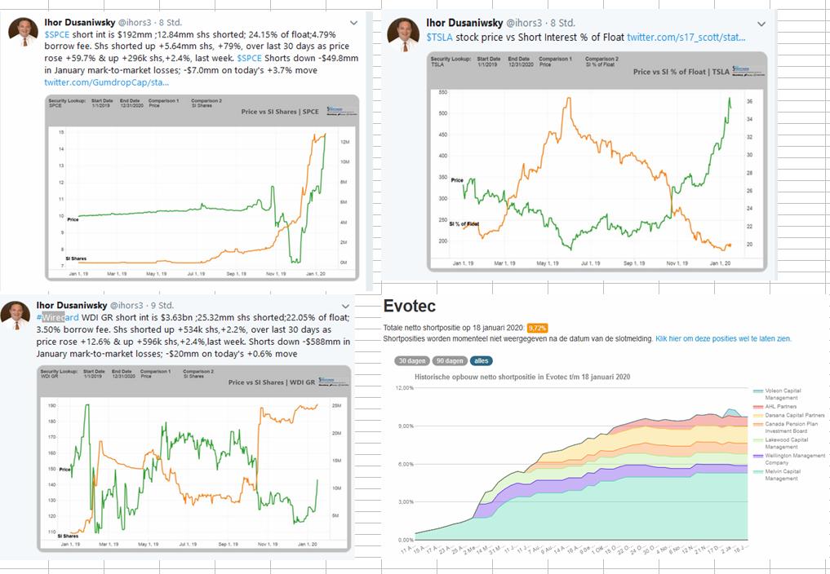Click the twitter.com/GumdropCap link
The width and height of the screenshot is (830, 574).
click(106, 82)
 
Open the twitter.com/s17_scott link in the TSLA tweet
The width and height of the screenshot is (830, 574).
click(686, 37)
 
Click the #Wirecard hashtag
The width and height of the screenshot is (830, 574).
click(58, 317)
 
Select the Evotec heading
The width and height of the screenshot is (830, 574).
click(409, 307)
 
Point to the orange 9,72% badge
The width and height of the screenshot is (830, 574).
click(537, 328)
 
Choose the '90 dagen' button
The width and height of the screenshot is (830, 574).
click(450, 360)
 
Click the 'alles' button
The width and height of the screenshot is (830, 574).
click(482, 360)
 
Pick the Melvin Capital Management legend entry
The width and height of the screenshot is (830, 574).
click(783, 475)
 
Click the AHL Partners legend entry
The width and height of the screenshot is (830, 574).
click(781, 405)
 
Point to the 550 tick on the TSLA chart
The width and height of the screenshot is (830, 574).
click(442, 92)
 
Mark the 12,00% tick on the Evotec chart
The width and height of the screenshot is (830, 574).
click(404, 387)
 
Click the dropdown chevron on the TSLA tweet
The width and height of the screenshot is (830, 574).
click(761, 24)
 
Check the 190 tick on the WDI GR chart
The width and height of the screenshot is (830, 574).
click(52, 405)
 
